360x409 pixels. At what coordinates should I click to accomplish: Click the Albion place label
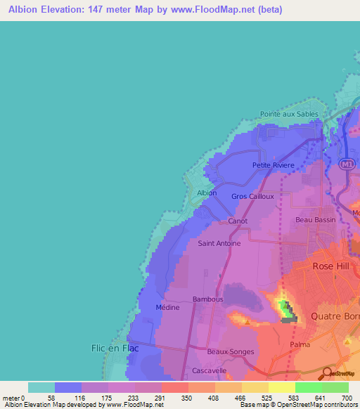207,193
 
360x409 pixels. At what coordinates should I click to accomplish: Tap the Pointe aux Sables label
289,114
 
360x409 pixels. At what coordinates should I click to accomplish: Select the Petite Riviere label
273,166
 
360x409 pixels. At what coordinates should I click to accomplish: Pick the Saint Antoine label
219,244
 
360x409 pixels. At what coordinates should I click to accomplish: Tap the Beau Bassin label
312,220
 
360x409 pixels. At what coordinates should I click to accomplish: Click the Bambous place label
207,299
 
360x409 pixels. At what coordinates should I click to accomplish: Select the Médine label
167,307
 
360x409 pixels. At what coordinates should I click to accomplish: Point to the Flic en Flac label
115,348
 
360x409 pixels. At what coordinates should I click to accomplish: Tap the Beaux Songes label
231,351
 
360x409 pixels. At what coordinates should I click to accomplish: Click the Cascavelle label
209,370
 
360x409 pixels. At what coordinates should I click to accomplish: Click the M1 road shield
345,164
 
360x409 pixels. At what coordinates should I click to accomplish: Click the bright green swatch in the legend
308,387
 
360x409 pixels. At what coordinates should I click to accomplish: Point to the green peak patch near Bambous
284,306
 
